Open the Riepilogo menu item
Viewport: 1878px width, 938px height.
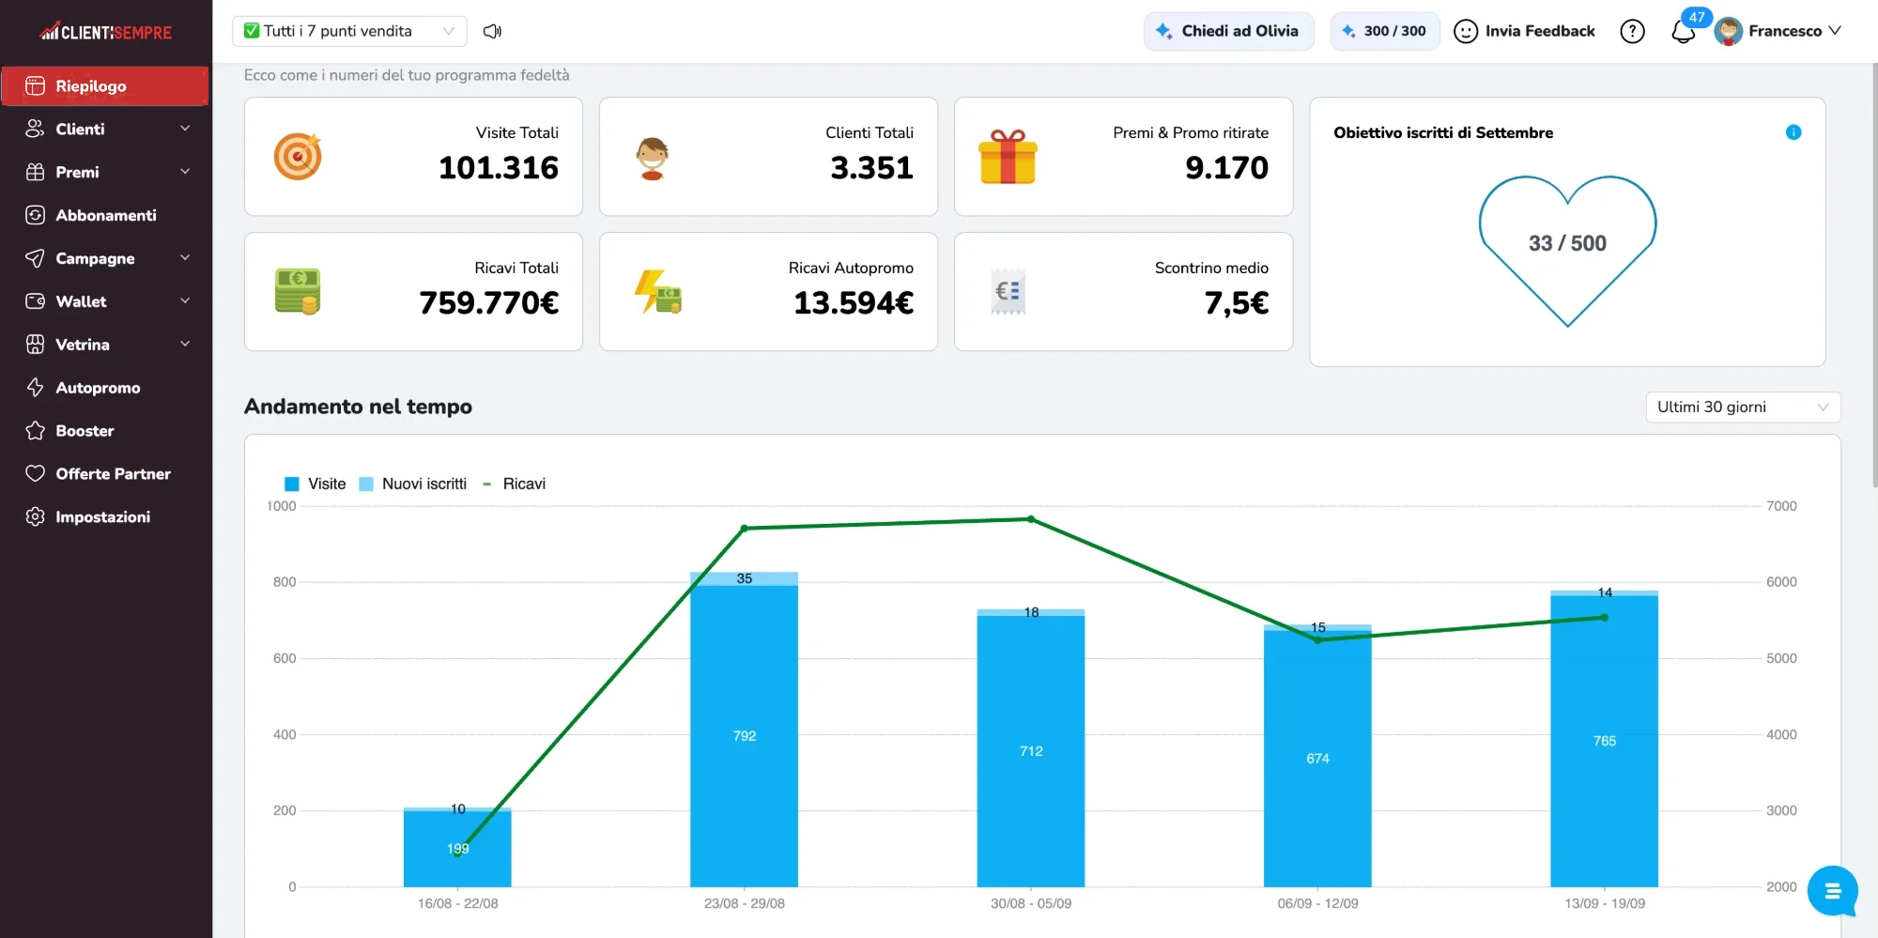click(105, 85)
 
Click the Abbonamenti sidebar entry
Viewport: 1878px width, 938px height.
click(105, 215)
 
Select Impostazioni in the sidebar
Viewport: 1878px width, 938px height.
click(105, 516)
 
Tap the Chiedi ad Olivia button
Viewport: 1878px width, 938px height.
click(1228, 31)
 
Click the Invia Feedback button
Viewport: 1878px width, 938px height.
click(1524, 31)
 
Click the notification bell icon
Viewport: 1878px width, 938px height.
click(1683, 32)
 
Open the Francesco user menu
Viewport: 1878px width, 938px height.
click(1778, 31)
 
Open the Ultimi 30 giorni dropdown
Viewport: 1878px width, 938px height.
click(1743, 407)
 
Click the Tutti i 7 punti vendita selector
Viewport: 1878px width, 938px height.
click(349, 31)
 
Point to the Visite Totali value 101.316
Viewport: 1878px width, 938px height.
click(499, 167)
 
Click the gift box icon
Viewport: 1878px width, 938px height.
click(1008, 157)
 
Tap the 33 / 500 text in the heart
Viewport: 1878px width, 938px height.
click(1567, 243)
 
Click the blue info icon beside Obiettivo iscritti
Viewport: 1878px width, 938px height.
click(1793, 132)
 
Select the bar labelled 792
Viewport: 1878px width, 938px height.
click(744, 736)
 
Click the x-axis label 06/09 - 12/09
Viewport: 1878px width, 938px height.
click(1317, 903)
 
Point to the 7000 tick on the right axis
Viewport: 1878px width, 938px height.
click(1781, 506)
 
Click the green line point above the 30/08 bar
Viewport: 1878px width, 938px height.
click(1031, 519)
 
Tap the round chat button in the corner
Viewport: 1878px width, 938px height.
click(1832, 891)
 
